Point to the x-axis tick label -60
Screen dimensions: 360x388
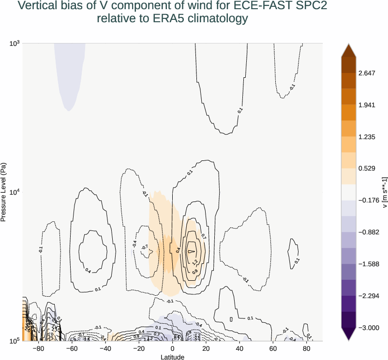(x=72, y=348)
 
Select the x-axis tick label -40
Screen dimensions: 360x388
(x=105, y=348)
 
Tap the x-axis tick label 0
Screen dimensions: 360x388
(x=173, y=348)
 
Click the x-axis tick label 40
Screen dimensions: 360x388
(x=239, y=348)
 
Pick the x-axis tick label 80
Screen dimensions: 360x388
(x=306, y=348)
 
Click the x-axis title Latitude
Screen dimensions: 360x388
(x=173, y=357)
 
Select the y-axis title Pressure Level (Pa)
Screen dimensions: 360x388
(x=4, y=192)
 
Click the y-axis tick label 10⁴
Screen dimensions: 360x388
(x=15, y=192)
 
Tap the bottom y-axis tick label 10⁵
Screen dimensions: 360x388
(x=15, y=341)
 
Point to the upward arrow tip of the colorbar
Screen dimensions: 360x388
(x=348, y=44)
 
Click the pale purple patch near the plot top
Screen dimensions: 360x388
(x=70, y=72)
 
